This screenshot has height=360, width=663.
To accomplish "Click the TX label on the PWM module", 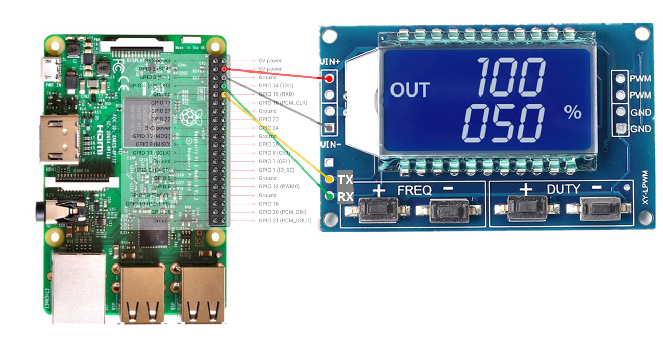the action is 346,180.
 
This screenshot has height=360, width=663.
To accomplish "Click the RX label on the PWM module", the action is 346,197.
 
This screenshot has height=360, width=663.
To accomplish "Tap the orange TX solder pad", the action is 330,180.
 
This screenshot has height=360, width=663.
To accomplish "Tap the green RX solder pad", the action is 330,196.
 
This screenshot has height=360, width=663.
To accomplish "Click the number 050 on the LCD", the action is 503,123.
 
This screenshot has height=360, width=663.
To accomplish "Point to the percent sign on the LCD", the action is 572,112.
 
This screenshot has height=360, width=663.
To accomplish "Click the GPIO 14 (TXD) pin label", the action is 276,86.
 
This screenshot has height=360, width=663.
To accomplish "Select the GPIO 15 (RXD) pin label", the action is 276,94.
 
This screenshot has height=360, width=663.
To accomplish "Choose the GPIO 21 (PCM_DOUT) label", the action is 285,221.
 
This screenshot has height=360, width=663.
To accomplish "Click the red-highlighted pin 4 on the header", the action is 224,69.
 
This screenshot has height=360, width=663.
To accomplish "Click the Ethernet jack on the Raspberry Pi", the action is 77,286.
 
